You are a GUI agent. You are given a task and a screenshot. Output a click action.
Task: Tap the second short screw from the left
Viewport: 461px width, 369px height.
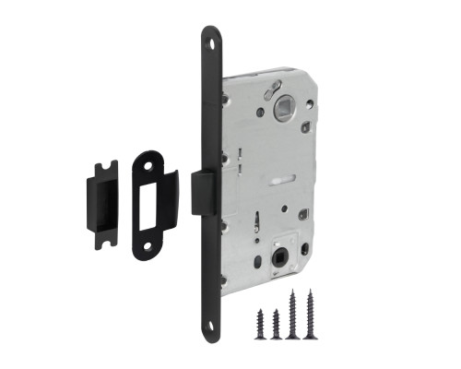click(x=275, y=322)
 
